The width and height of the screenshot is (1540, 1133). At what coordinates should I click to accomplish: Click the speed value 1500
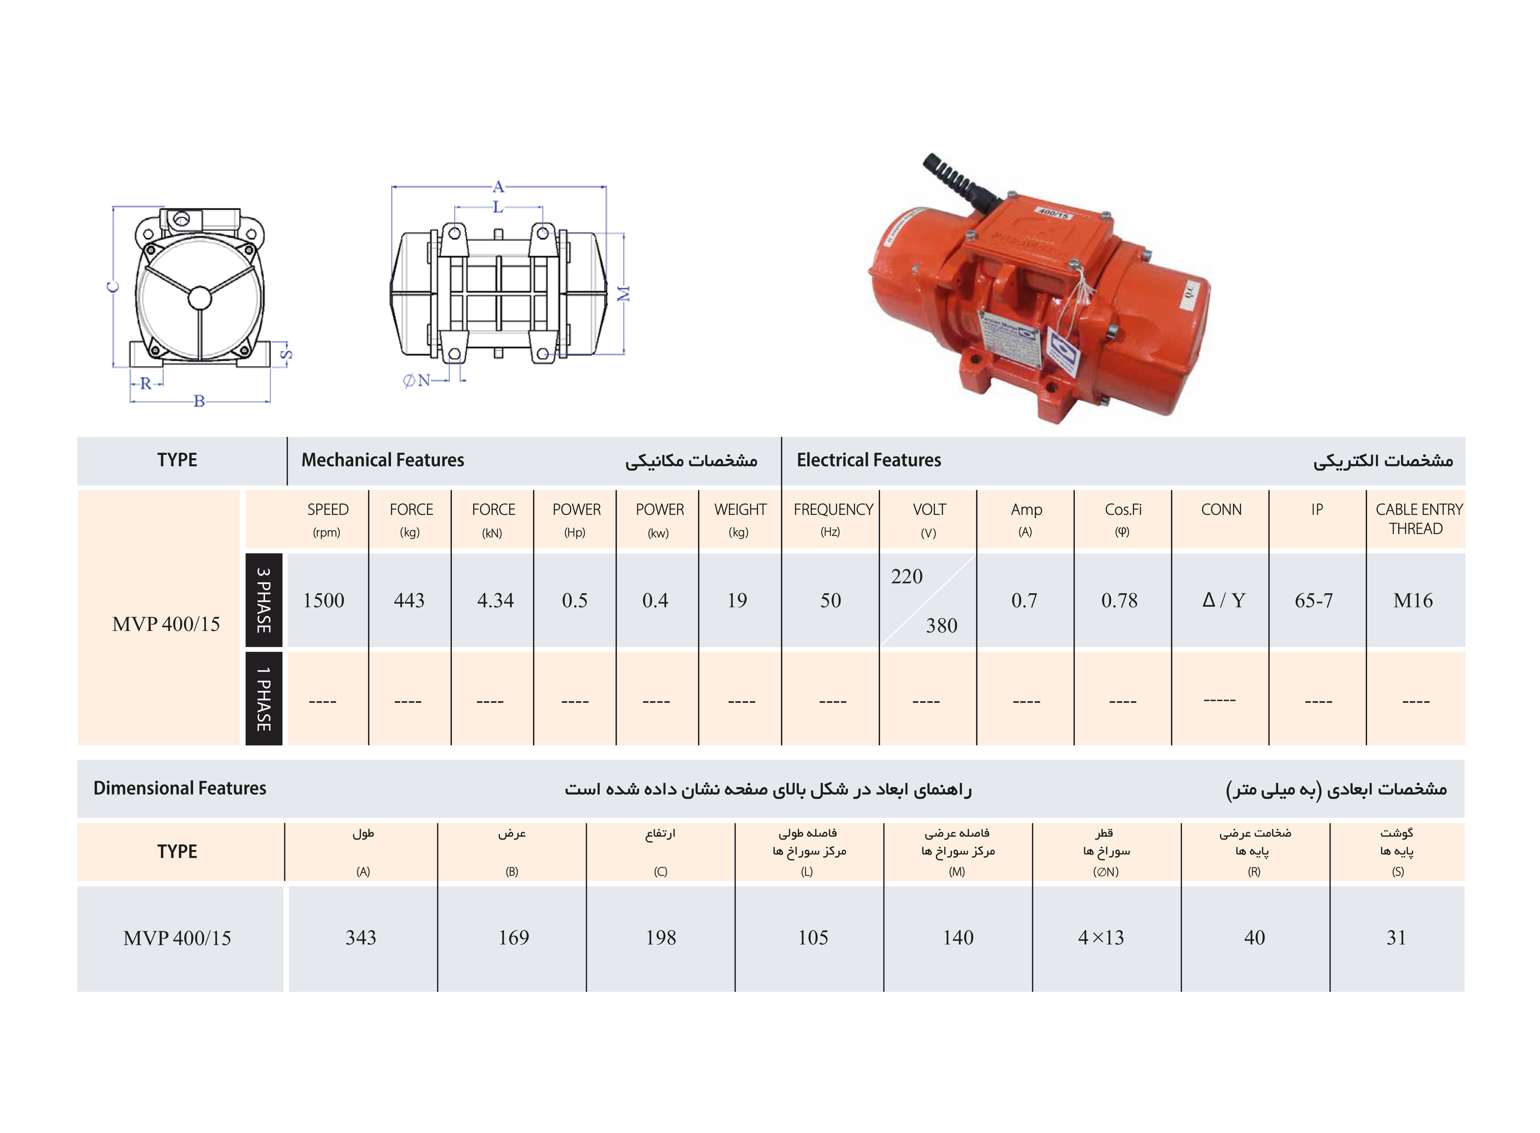[x=324, y=601]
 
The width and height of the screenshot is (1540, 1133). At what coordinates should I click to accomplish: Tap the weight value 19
[x=737, y=601]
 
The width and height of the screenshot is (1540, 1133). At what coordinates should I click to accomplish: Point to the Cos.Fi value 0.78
[x=1120, y=601]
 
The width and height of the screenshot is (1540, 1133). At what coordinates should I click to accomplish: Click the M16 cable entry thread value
[x=1413, y=601]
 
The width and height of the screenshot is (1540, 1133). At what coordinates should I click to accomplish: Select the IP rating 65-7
[x=1314, y=601]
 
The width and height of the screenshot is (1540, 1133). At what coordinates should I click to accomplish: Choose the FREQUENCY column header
[x=834, y=510]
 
